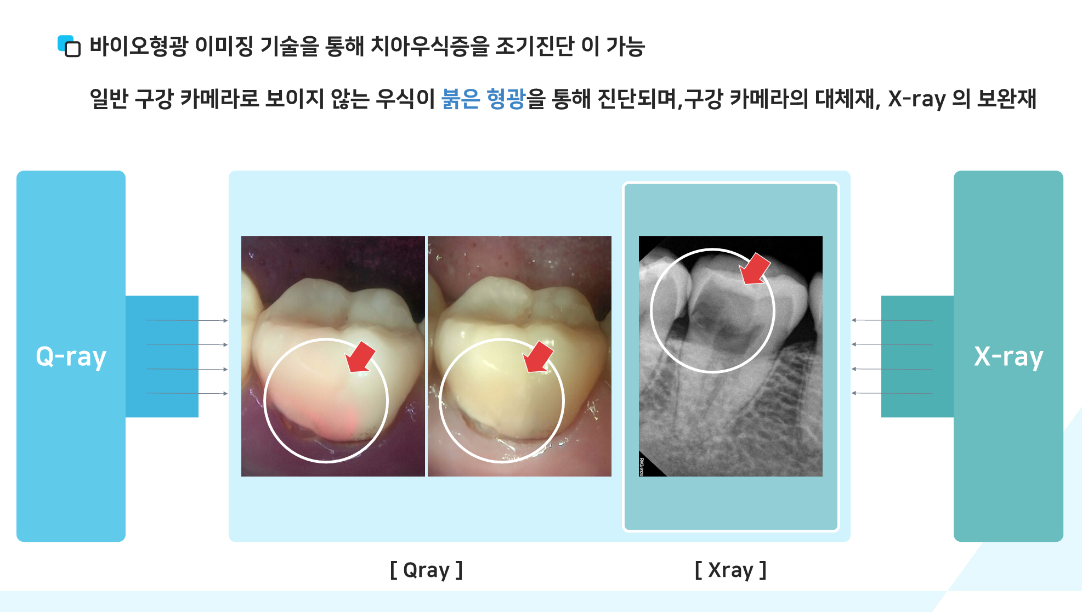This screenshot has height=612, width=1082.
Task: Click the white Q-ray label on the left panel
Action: coord(71,357)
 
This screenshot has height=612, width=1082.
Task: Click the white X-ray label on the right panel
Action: coord(1008,357)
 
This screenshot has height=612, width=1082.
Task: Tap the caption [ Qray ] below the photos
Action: coord(426,570)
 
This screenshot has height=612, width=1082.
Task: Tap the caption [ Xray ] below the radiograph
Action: coord(730,570)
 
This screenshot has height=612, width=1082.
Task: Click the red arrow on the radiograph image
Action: coord(755,269)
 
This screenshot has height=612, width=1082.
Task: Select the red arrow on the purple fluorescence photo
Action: coord(360,357)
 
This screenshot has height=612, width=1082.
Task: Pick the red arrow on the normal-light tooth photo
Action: coord(538,357)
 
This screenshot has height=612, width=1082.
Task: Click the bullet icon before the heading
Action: coord(69,46)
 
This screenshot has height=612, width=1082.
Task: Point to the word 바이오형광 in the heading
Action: coord(139,46)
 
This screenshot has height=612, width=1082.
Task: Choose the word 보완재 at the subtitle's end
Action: coord(1007,99)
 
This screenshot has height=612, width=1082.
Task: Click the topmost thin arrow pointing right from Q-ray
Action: coord(187,320)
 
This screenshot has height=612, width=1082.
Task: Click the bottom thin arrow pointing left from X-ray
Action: coord(892,393)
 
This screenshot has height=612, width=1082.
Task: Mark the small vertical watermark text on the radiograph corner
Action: coord(642,467)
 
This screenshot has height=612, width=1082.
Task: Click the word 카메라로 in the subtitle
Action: coord(219,99)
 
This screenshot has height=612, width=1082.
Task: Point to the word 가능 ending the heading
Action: coord(626,46)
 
